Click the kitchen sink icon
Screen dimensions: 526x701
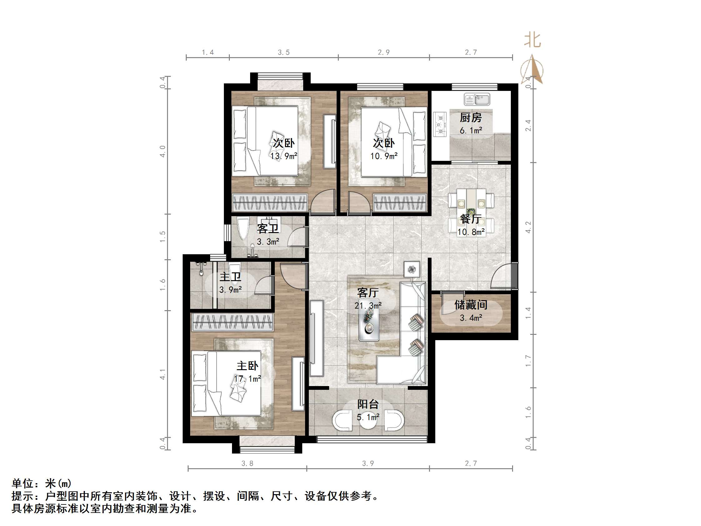coord(476,99)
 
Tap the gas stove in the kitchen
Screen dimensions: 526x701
coord(440,124)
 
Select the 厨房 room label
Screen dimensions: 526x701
coord(471,118)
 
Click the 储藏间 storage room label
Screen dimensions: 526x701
coord(471,305)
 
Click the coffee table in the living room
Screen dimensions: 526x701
coord(368,324)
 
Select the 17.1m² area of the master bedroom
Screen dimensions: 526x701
coord(248,379)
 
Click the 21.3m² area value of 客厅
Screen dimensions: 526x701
coord(368,306)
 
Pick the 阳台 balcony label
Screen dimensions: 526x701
coord(368,404)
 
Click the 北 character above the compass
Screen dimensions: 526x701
coord(532,41)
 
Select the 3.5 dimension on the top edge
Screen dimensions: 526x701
coord(284,52)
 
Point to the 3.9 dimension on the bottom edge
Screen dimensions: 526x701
coord(368,464)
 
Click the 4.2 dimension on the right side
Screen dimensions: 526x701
coord(528,227)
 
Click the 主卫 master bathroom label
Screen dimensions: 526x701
coord(230,277)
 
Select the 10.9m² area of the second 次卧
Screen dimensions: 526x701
coord(384,156)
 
